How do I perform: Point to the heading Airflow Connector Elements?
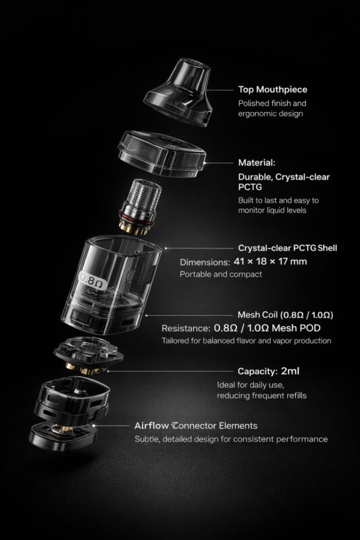[x=196, y=426]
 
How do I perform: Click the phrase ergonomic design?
[x=269, y=114]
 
